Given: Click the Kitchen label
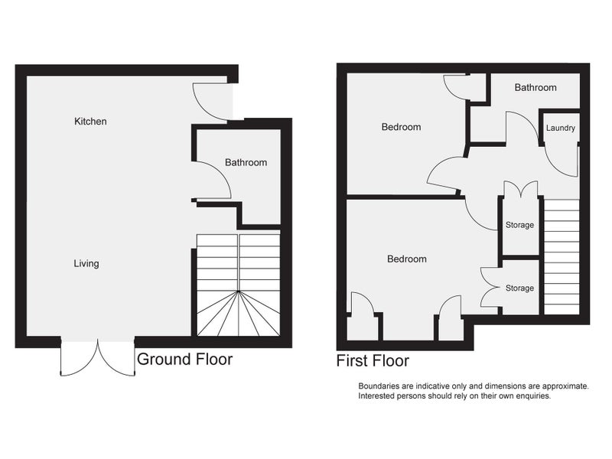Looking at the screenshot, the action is (90, 122).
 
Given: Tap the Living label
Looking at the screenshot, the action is (86, 263).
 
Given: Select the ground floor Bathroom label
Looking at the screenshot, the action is (246, 162).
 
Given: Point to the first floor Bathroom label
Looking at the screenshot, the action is (535, 87).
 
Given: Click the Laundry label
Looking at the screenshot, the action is (561, 128).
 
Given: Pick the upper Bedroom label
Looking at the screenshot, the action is (401, 127).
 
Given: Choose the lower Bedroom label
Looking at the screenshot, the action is (407, 259).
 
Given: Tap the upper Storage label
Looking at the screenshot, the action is (519, 225).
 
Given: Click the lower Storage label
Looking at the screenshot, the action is (519, 288).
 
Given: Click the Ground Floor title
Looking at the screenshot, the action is (184, 359).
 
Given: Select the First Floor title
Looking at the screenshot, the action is (373, 360).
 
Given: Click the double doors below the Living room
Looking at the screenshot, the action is (98, 358).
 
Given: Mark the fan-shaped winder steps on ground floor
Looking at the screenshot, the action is (239, 314).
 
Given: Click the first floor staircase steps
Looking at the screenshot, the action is (562, 256).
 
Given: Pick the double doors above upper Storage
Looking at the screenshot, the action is (521, 188).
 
